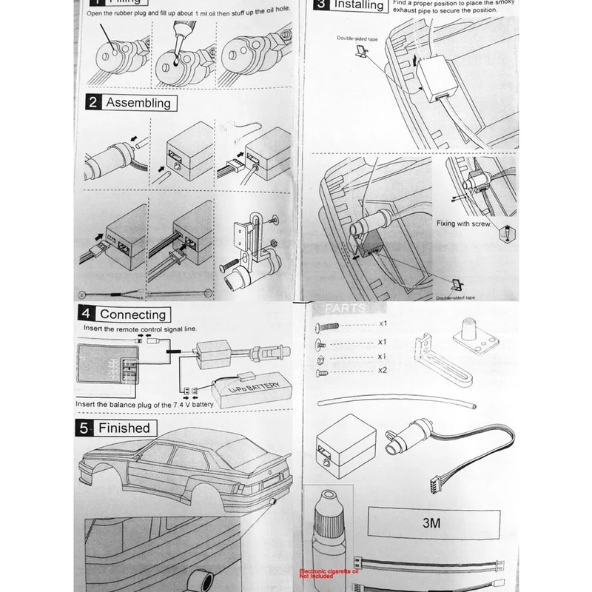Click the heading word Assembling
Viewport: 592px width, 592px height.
[138, 104]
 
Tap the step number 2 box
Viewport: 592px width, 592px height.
[92, 103]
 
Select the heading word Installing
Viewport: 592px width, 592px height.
[359, 6]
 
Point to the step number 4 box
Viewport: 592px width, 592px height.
[87, 314]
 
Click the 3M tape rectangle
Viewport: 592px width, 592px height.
[432, 522]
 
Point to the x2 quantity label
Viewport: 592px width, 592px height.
[382, 370]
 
